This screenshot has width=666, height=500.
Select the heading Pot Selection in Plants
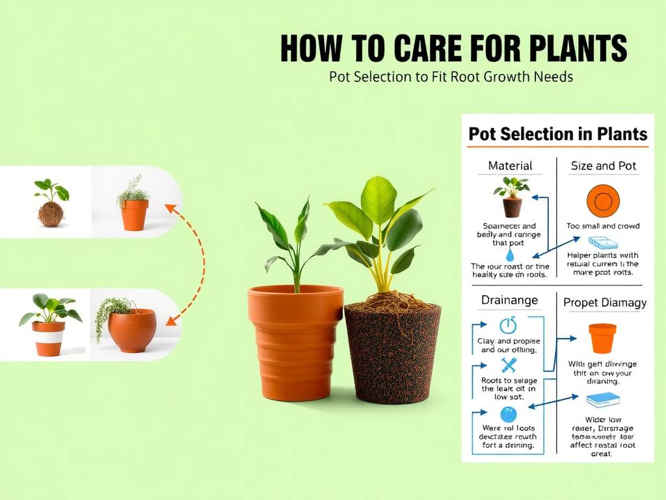[x=557, y=134]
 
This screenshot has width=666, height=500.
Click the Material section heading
[x=510, y=166]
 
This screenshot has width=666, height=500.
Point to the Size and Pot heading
[x=603, y=166]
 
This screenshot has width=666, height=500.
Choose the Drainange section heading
[x=509, y=300]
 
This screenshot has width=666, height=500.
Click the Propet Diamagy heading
[x=604, y=302]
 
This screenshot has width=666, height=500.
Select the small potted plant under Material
[x=512, y=197]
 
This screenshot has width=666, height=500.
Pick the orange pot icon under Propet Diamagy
[x=602, y=338]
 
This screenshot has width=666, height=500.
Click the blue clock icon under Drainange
[x=507, y=326]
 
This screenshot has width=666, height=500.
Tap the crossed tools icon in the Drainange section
[x=509, y=365]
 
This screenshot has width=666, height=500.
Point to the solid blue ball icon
[x=508, y=414]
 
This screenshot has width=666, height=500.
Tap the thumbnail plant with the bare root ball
[x=50, y=204]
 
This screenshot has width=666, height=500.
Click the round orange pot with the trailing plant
[x=131, y=329]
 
